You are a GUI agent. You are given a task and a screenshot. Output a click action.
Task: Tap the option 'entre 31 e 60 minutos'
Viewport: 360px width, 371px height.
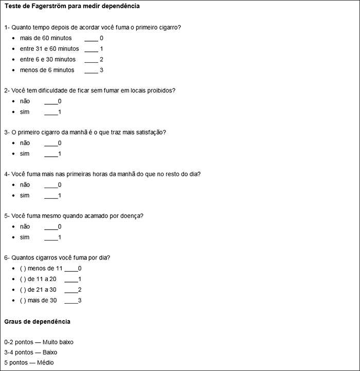49,49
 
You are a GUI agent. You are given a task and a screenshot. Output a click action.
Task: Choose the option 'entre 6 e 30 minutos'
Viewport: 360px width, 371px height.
47,60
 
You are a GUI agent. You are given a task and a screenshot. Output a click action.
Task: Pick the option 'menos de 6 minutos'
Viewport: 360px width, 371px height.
47,70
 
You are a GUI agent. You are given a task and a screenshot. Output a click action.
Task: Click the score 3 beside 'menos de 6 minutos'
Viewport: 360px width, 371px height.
102,70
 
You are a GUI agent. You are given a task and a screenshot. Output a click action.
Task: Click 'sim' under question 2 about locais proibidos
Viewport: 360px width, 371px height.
25,112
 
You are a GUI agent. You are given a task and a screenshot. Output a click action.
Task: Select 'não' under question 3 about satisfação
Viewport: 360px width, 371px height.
25,143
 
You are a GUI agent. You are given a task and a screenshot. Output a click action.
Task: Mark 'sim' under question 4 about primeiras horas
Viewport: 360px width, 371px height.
25,195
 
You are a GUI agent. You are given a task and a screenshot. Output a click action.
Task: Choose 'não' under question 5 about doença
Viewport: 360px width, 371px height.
25,227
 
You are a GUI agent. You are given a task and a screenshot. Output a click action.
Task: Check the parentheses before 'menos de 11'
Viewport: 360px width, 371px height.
23,268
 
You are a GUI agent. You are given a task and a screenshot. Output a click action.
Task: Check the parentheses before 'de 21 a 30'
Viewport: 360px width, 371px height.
23,289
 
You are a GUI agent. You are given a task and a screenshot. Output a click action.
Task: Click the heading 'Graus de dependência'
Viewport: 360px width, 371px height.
37,322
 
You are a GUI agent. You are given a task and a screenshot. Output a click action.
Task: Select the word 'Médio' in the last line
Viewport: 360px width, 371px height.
45,363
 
